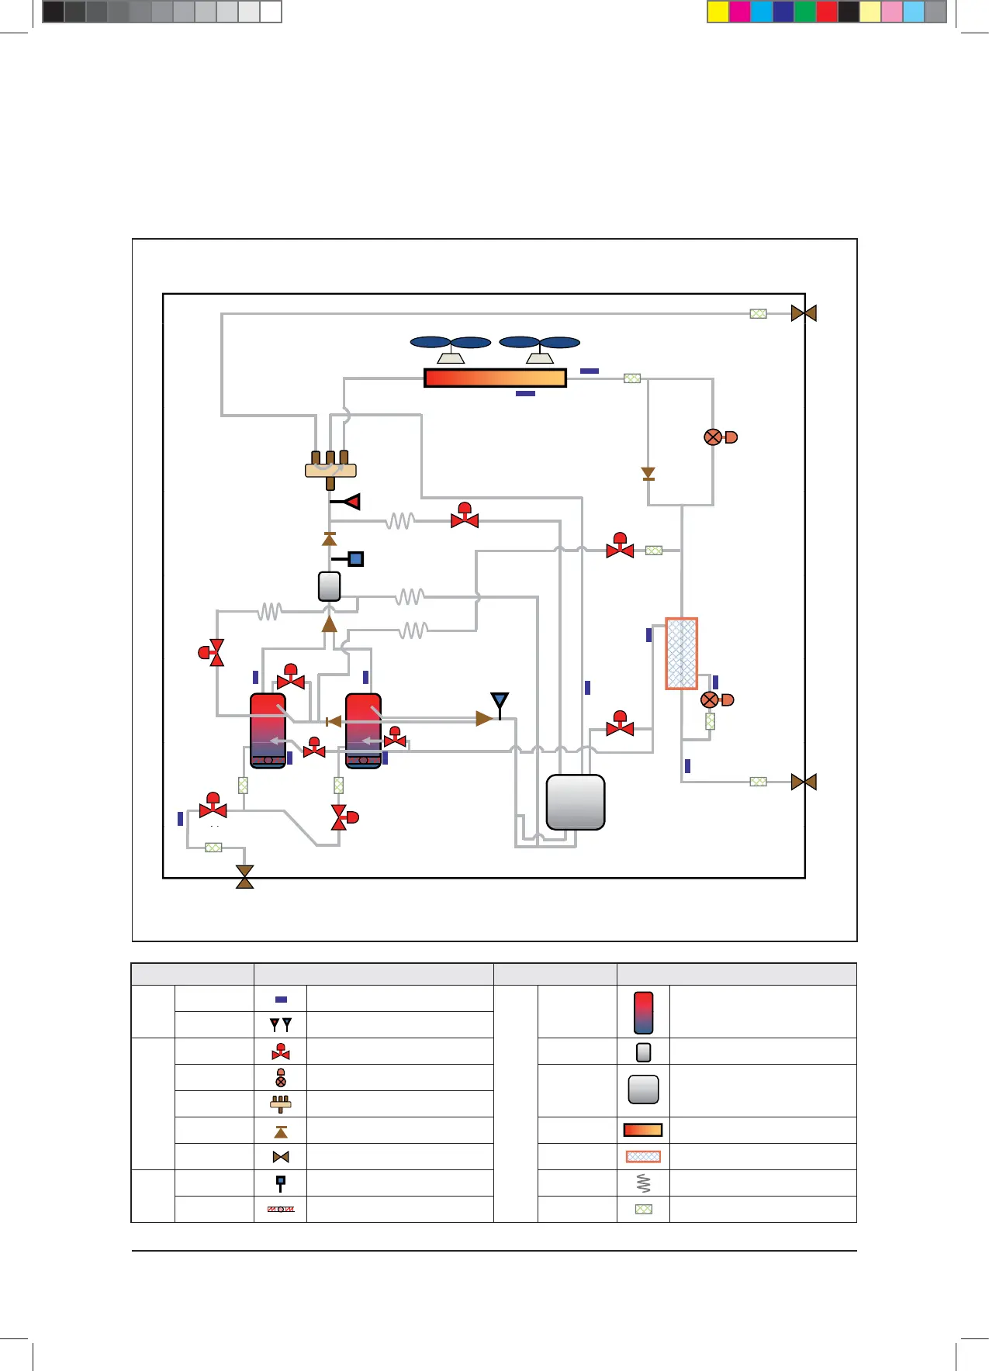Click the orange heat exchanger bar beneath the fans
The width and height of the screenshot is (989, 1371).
tap(495, 378)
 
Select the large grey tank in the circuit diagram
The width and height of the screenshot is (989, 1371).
tap(576, 802)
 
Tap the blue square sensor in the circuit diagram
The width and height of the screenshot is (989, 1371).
tap(355, 558)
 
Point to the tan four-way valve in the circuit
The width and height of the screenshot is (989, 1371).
tap(330, 468)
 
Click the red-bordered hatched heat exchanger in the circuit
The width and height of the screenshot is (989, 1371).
tap(682, 653)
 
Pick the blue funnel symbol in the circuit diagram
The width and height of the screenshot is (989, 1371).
tap(500, 702)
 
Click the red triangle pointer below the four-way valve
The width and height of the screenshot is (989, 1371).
tap(352, 502)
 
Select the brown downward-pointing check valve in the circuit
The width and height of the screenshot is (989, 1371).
tap(648, 473)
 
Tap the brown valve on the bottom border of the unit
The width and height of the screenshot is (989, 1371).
tap(245, 877)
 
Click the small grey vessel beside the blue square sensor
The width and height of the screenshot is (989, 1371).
tap(330, 586)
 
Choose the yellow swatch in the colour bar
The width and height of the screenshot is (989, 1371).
tap(718, 12)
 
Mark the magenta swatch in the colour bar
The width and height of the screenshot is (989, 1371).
tap(740, 12)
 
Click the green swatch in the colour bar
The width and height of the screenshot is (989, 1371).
tap(805, 12)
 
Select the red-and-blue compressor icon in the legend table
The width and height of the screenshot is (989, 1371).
tap(643, 1012)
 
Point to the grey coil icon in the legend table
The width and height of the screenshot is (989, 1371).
tap(643, 1183)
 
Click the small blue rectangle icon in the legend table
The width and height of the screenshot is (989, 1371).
tap(281, 1000)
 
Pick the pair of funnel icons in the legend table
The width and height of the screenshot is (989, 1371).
tap(281, 1024)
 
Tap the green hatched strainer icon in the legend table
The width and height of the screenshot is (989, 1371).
tap(643, 1209)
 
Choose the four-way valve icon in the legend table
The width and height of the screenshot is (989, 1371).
tap(281, 1103)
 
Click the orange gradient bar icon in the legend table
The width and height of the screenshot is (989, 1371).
tap(643, 1130)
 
